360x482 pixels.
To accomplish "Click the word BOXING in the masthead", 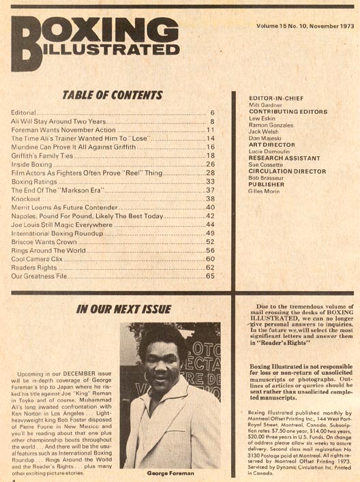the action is pos(102,30).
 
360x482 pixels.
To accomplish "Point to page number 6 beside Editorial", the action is pos(213,111).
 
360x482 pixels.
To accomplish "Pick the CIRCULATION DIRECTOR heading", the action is pos(277,171).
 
